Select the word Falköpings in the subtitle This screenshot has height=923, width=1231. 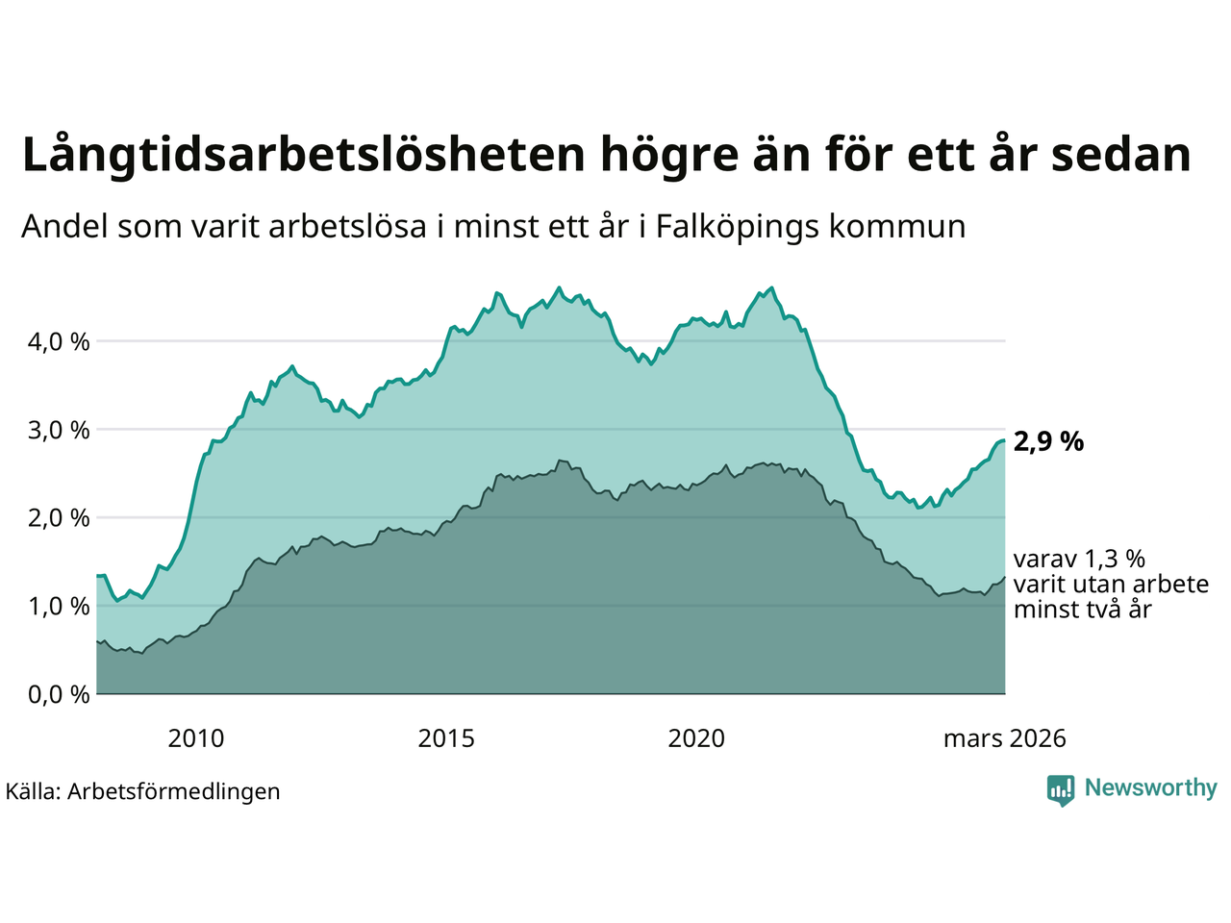pyautogui.click(x=738, y=227)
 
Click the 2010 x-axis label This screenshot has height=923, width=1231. pyautogui.click(x=196, y=738)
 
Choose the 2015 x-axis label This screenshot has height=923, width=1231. pyautogui.click(x=446, y=738)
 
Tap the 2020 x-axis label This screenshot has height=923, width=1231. pyautogui.click(x=696, y=738)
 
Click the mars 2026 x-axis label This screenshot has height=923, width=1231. pyautogui.click(x=1004, y=738)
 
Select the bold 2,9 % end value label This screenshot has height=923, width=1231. pyautogui.click(x=1048, y=441)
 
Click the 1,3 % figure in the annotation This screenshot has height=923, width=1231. pyautogui.click(x=1115, y=560)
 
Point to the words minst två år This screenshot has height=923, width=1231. pyautogui.click(x=1082, y=610)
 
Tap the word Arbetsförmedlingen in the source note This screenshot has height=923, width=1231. pyautogui.click(x=174, y=791)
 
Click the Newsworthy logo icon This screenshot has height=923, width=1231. pyautogui.click(x=1061, y=790)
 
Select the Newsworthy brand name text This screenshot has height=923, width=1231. pyautogui.click(x=1150, y=788)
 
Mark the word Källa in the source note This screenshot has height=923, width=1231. pyautogui.click(x=33, y=791)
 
